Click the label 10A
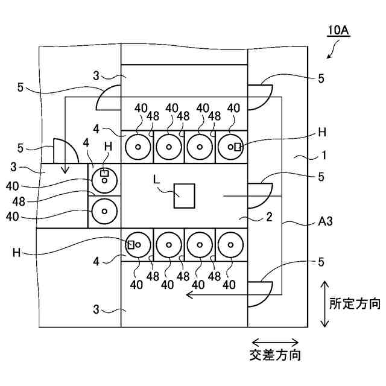[x=338, y=31]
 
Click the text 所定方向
[x=355, y=303]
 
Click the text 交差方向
[x=275, y=355]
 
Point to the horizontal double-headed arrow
[x=275, y=342]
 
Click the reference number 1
[x=324, y=155]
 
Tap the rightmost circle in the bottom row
[x=231, y=245]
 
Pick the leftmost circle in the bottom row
[x=138, y=245]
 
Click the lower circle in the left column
[x=104, y=211]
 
